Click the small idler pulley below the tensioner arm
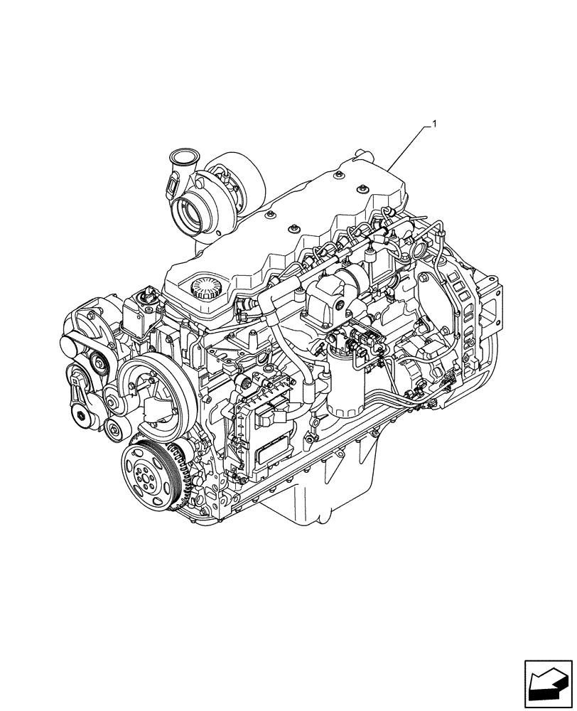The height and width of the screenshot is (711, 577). (x=113, y=429)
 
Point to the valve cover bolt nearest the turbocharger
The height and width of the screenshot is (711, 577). (x=269, y=213)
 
